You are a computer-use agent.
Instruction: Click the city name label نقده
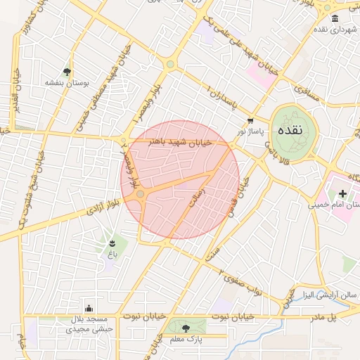pyautogui.click(x=290, y=131)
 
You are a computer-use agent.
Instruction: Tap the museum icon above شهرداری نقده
pyautogui.click(x=335, y=18)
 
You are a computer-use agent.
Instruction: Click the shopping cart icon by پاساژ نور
pyautogui.click(x=250, y=121)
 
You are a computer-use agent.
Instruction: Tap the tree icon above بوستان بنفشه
pyautogui.click(x=67, y=72)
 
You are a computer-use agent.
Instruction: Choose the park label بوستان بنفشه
pyautogui.click(x=67, y=82)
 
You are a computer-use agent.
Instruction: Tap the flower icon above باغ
pyautogui.click(x=112, y=243)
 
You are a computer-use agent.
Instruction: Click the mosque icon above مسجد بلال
pyautogui.click(x=89, y=308)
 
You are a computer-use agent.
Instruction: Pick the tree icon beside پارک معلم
pyautogui.click(x=186, y=328)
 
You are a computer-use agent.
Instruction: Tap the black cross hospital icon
pyautogui.click(x=342, y=193)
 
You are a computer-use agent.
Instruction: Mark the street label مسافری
pyautogui.click(x=307, y=92)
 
